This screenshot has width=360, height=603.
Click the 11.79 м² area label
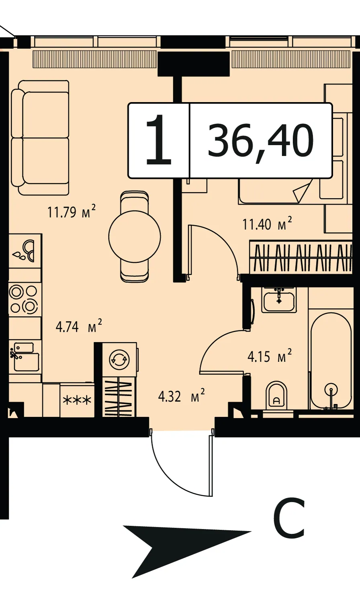coord(72,211)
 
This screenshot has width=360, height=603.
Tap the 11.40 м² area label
coord(267,224)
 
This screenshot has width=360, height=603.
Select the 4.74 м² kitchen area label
coord(79,326)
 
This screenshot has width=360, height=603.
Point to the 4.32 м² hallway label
coord(182,396)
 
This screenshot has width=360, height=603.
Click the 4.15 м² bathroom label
coord(270,356)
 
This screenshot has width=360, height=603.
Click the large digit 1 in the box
coord(159,140)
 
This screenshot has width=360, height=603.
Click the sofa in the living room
coord(40,137)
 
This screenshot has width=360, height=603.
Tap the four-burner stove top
coord(25,299)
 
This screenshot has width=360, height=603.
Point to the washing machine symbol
coord(119,359)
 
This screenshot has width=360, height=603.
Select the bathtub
coord(331,361)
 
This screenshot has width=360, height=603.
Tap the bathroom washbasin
coord(279,300)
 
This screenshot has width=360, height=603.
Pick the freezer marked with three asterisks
coord(77,400)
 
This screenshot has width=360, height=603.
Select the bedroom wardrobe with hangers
coord(301,257)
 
